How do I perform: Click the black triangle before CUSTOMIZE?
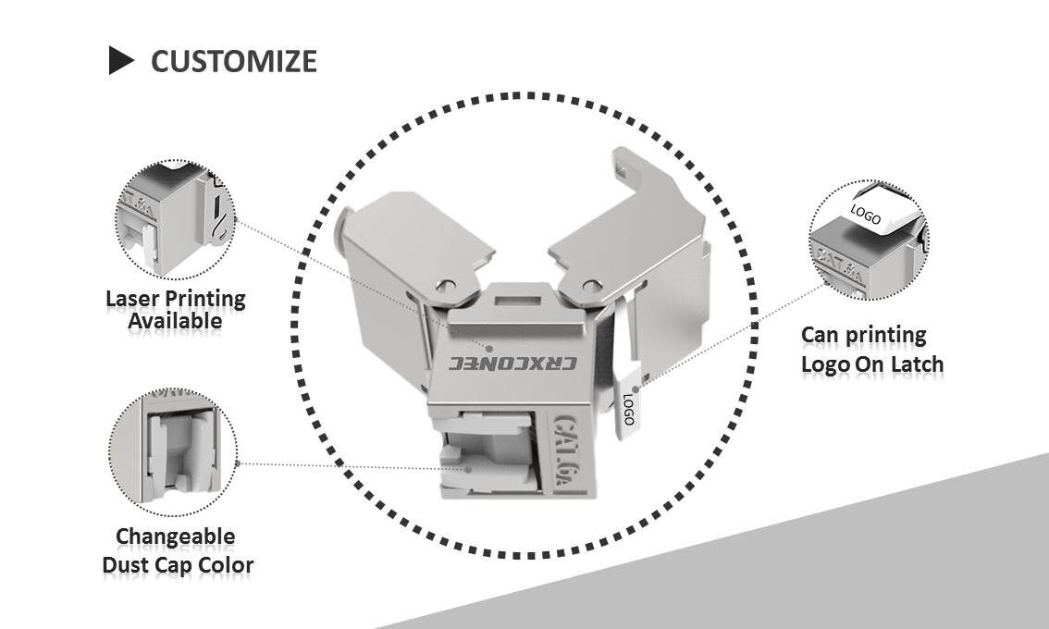(121, 61)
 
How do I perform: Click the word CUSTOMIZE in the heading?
(233, 61)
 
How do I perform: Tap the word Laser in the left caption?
(132, 299)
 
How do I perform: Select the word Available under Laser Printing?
(175, 321)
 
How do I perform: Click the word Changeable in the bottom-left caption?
(175, 536)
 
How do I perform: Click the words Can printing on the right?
(862, 335)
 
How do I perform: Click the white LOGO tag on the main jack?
(627, 404)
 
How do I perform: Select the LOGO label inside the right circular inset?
(865, 214)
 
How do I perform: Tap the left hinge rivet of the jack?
(448, 283)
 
